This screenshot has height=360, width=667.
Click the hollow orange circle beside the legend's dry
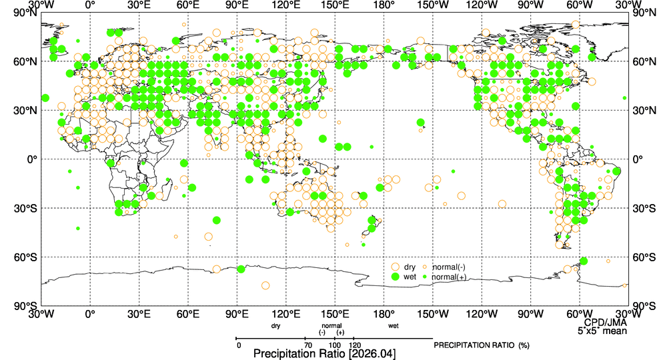coord(395,267)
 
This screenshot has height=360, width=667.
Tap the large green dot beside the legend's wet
coord(395,277)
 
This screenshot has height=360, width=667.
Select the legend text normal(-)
coord(448,267)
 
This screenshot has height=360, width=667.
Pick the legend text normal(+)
coord(449,277)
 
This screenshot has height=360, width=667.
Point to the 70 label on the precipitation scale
coord(308,345)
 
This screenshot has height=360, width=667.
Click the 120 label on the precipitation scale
coord(354,345)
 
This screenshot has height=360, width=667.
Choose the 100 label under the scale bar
coord(335,345)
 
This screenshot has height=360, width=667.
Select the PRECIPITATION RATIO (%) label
coord(482,345)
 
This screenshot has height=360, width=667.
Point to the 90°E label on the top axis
coord(237,5)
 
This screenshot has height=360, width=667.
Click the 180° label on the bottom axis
coord(384,314)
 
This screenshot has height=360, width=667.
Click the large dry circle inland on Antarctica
coord(265,285)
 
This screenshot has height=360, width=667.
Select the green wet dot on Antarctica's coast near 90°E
coord(241,269)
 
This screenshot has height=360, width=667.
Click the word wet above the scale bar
coord(394,326)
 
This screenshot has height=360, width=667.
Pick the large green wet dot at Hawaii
coord(421,123)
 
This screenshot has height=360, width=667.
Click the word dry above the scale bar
coord(275,326)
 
